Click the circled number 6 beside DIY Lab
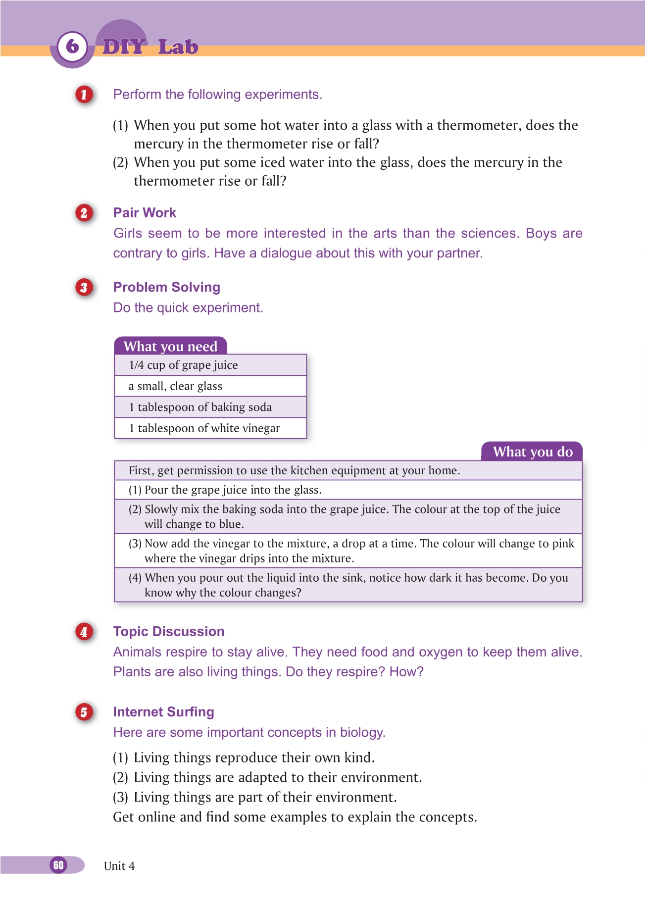click(72, 47)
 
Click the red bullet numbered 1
click(84, 95)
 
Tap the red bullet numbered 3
click(84, 288)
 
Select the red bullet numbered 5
click(84, 712)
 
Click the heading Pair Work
click(145, 213)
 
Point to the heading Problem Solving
click(167, 287)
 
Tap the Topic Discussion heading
click(169, 632)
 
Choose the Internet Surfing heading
click(164, 712)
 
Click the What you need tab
click(170, 346)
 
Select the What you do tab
click(533, 452)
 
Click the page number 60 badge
click(58, 865)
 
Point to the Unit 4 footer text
click(119, 866)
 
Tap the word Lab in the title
click(178, 47)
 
